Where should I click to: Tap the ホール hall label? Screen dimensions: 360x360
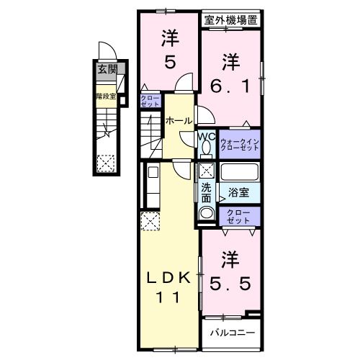(179, 120)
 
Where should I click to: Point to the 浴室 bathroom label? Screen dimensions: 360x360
(238, 193)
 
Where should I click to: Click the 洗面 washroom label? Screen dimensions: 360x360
(206, 192)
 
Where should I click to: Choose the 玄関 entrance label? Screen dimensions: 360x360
(107, 71)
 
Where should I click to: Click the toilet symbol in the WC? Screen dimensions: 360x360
(206, 148)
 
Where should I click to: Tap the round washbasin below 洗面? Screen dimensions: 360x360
(206, 213)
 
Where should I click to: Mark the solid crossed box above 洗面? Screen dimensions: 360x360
(206, 171)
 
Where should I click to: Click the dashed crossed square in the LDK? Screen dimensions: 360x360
(150, 222)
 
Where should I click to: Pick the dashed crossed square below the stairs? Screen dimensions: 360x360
(107, 163)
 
